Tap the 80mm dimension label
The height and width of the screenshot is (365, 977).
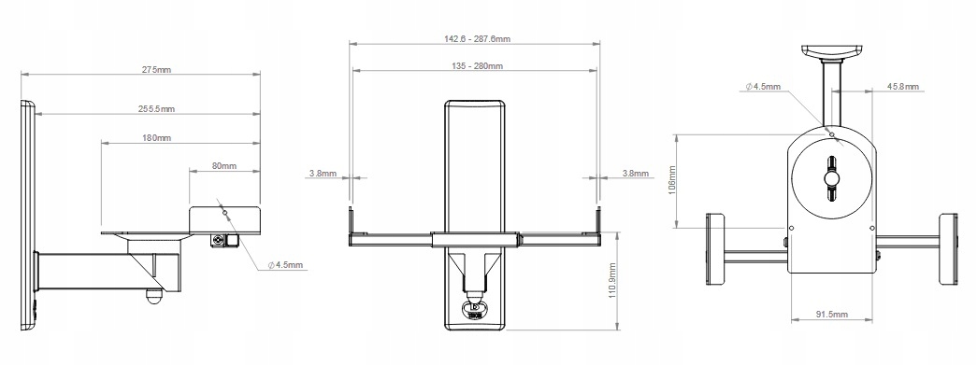223,166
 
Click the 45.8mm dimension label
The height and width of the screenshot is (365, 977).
902,87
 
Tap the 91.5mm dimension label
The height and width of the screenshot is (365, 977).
830,316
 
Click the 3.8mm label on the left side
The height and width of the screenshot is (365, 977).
322,173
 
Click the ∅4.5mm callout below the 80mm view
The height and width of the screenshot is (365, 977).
285,265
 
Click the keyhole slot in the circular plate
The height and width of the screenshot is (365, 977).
830,178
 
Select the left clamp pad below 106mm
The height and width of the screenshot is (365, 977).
716,249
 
